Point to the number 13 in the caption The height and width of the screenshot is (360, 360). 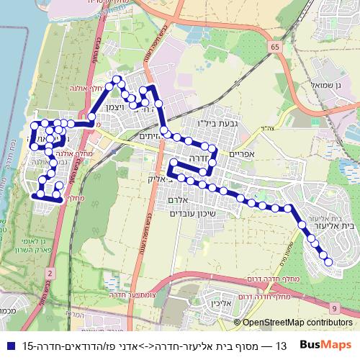point(282,345)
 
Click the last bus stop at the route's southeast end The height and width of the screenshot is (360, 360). point(329,263)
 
